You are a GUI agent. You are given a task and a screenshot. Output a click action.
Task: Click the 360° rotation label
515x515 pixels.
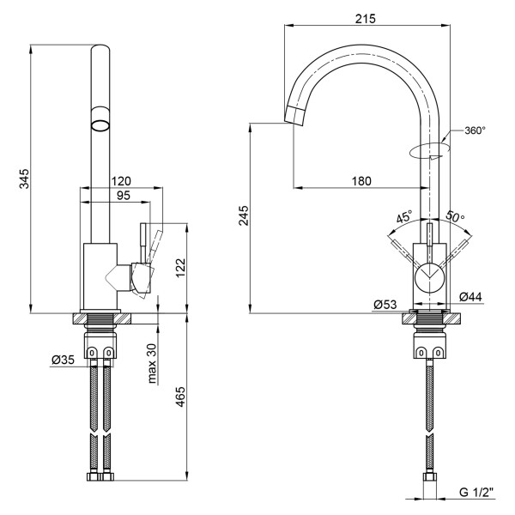click(x=475, y=130)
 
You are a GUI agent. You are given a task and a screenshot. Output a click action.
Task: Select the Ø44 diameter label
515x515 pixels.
click(x=470, y=296)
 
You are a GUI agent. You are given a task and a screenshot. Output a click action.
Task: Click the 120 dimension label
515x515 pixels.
click(x=120, y=181)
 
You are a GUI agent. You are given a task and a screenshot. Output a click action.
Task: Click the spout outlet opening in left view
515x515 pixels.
click(x=101, y=123)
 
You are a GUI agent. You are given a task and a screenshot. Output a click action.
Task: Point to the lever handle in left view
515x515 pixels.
click(x=148, y=250)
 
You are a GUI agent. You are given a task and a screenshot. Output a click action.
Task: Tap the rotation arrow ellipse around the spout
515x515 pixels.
click(x=427, y=152)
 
